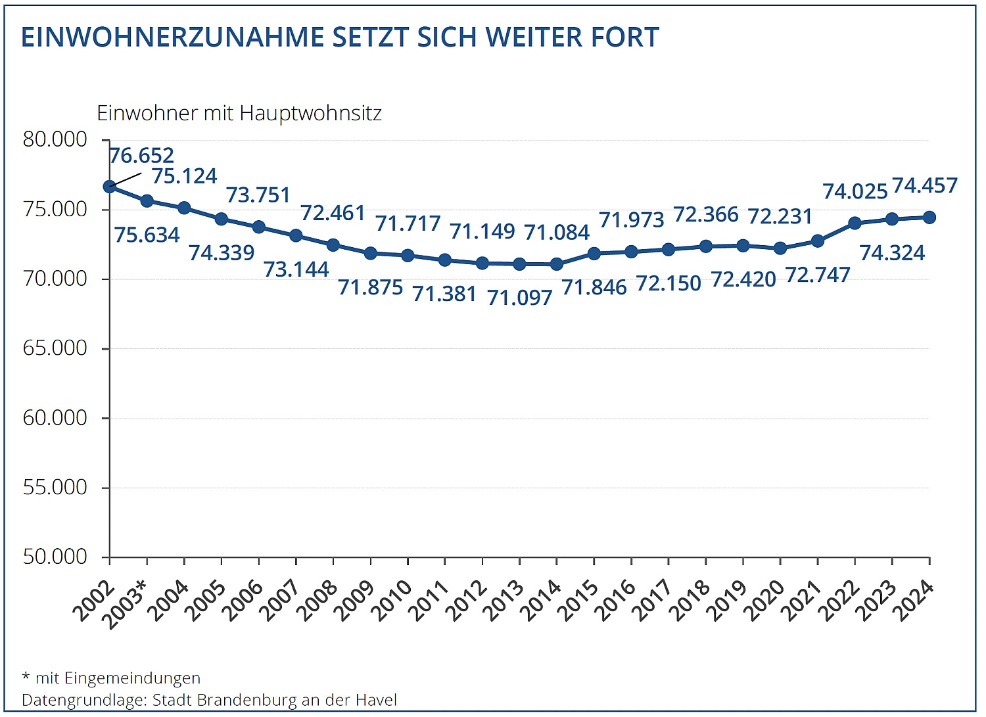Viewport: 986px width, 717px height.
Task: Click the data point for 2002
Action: (110, 187)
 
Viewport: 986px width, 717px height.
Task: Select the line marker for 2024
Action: (929, 218)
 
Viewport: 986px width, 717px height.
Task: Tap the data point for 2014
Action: (557, 264)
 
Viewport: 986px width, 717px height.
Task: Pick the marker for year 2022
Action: (855, 223)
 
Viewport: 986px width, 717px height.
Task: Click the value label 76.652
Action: (141, 156)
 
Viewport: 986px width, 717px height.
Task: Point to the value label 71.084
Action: (557, 233)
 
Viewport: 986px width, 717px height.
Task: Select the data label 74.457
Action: (925, 186)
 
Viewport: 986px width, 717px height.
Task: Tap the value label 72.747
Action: (818, 275)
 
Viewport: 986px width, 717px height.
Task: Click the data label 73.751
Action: (258, 195)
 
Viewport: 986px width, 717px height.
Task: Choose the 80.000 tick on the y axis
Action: (55, 139)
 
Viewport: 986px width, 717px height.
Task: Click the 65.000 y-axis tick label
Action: (55, 348)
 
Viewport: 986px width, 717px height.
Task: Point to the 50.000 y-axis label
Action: (55, 557)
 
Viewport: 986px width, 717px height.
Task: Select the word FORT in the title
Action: (625, 37)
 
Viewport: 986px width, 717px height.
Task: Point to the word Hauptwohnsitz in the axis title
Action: (311, 114)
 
